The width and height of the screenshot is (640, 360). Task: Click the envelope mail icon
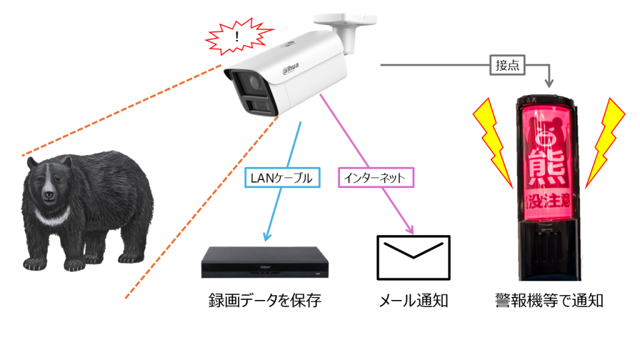point(413,257)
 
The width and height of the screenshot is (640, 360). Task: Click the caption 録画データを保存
point(264,301)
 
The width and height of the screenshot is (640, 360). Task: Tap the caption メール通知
point(413,301)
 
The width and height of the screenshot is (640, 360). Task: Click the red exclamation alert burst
point(236,38)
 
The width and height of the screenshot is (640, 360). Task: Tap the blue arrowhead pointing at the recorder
point(267,237)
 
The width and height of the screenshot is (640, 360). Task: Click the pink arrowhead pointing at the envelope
point(411,229)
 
